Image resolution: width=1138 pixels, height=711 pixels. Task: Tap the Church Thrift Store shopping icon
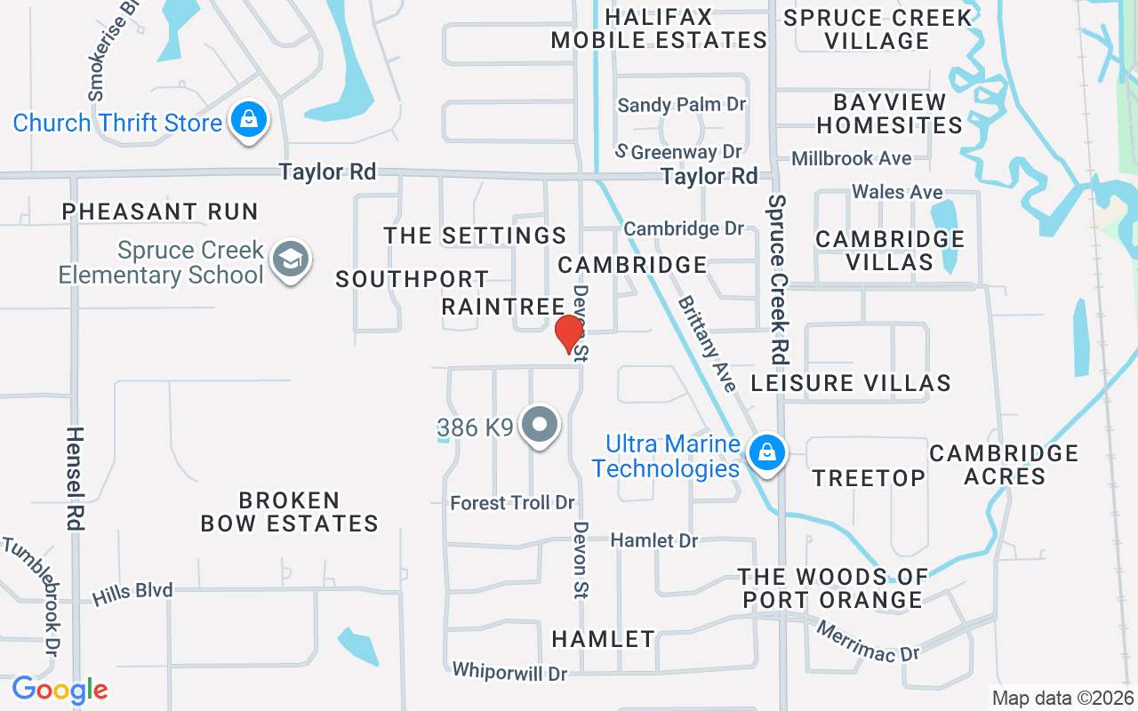(x=249, y=120)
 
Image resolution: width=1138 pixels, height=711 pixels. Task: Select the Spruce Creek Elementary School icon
(x=290, y=260)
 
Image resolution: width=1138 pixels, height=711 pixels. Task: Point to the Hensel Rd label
(x=75, y=478)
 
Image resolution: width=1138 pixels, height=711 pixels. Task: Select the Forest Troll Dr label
(x=512, y=503)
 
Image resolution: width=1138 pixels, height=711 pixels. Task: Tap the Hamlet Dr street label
(x=654, y=540)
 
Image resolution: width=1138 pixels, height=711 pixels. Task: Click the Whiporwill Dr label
(x=509, y=672)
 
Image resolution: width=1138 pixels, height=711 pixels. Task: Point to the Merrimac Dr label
(x=867, y=640)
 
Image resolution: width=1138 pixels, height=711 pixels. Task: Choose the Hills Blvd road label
(x=133, y=591)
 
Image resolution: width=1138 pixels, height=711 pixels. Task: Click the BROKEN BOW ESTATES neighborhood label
(x=289, y=512)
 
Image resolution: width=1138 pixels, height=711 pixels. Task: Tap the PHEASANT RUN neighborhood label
(x=160, y=212)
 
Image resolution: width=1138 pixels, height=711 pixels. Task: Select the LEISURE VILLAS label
(x=851, y=383)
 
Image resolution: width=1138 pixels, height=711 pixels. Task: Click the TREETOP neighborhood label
(x=869, y=478)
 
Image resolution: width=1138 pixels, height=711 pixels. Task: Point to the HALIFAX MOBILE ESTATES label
(x=659, y=28)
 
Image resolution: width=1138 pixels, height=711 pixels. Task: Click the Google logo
(x=60, y=690)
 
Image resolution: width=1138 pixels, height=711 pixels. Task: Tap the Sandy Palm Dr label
(x=681, y=105)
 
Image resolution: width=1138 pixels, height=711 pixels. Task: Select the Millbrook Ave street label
(x=851, y=158)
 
